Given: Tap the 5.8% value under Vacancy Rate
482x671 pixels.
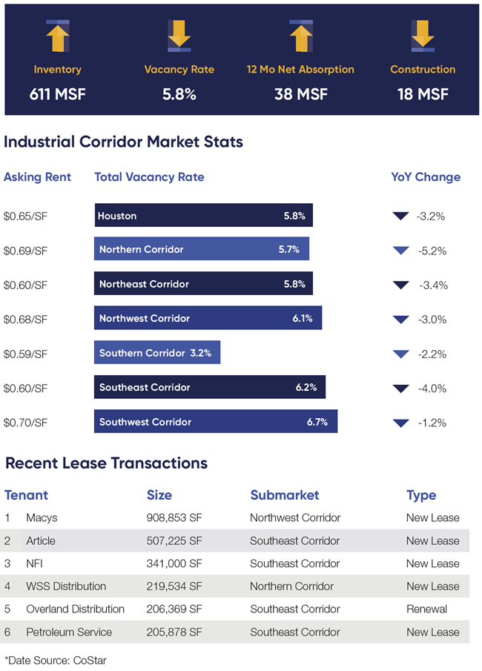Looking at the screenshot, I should (179, 94).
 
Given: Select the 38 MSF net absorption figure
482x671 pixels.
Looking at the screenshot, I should (300, 94).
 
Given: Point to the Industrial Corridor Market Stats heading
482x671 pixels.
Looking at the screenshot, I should (124, 142).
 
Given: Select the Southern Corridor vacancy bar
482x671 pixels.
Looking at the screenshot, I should (157, 353).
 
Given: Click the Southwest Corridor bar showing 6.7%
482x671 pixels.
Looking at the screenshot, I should (216, 422).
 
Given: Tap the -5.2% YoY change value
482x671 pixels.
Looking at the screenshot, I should (432, 251).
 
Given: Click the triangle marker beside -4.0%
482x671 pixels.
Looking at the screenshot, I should (401, 389).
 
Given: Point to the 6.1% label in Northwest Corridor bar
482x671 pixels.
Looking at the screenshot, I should (303, 318).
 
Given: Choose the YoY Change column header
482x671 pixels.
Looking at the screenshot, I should (426, 177).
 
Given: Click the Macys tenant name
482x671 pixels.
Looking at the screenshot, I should (41, 518).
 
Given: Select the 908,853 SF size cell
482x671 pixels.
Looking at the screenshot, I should (174, 518).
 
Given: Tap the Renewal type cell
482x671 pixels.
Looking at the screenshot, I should (426, 609).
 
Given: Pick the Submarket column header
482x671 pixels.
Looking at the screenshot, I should (285, 495).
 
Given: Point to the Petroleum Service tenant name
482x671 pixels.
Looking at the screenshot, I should (69, 632).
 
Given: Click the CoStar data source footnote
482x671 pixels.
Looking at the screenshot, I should (56, 659).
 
